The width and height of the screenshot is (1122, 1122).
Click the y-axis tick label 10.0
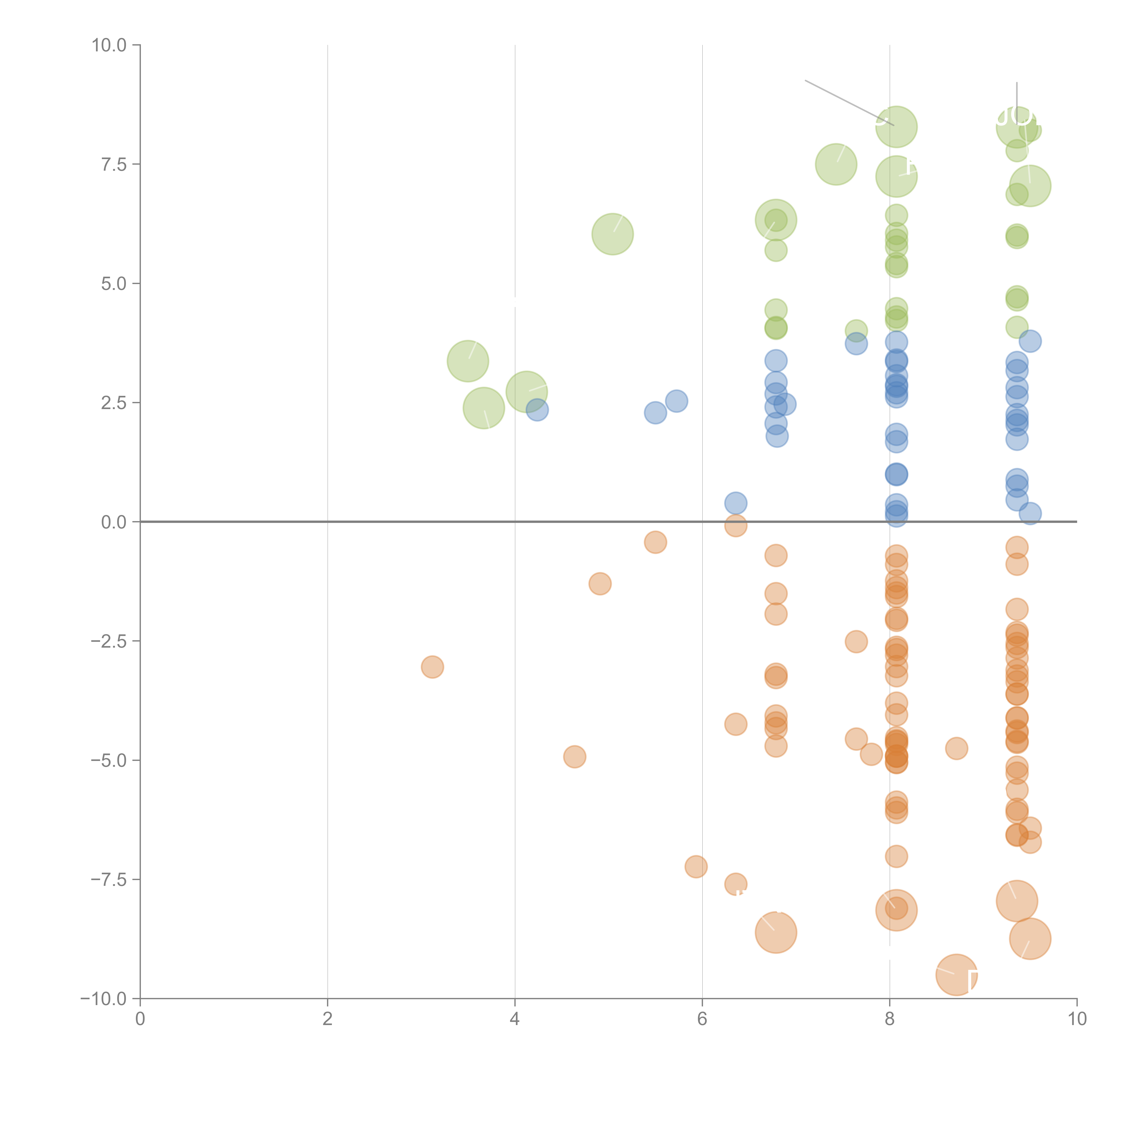click(x=109, y=45)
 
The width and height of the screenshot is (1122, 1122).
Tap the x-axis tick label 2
click(x=328, y=1019)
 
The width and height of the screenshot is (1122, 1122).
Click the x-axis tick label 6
click(x=702, y=1019)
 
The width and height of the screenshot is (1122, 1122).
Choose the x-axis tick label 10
click(x=1077, y=1019)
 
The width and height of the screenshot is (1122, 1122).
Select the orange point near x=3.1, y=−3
click(x=432, y=667)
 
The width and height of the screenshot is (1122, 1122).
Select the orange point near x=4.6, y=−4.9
click(x=574, y=757)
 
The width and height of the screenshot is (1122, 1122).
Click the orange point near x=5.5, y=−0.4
click(x=655, y=542)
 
